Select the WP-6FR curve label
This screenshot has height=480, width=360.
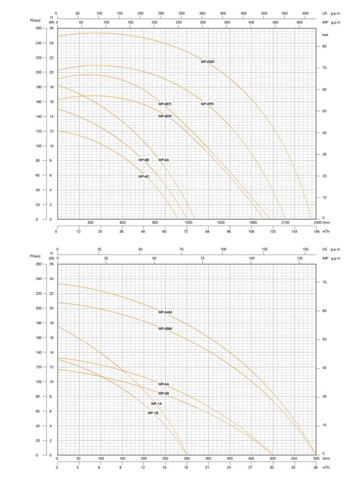coord(207,104)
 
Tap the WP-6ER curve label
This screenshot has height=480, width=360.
coord(165,104)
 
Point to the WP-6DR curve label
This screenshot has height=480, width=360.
coord(165,116)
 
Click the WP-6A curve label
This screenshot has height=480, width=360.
coord(164,160)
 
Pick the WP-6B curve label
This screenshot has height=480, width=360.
coord(144,160)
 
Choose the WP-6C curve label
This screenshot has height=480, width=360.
coord(144,177)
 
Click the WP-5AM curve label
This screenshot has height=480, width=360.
coord(165,312)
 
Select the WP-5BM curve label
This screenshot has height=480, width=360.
coord(165,329)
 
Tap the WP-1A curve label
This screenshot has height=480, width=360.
coord(156,404)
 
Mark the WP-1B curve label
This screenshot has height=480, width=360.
coord(153,413)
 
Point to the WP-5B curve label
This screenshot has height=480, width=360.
coord(164,394)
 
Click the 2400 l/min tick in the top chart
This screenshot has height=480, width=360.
coord(317,223)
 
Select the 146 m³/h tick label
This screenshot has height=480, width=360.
coord(316,231)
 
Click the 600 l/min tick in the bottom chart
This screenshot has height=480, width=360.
coord(315,458)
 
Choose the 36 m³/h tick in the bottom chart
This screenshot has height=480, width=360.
coord(315,467)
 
